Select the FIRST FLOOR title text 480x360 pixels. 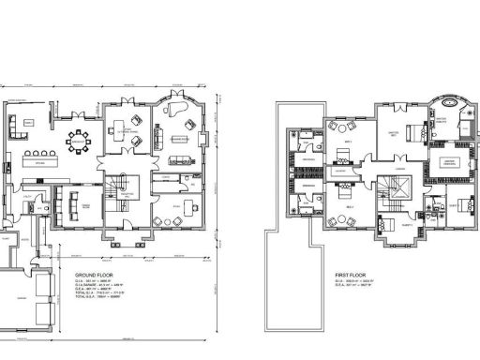[x=350, y=275]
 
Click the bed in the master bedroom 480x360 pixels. [x=407, y=131]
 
